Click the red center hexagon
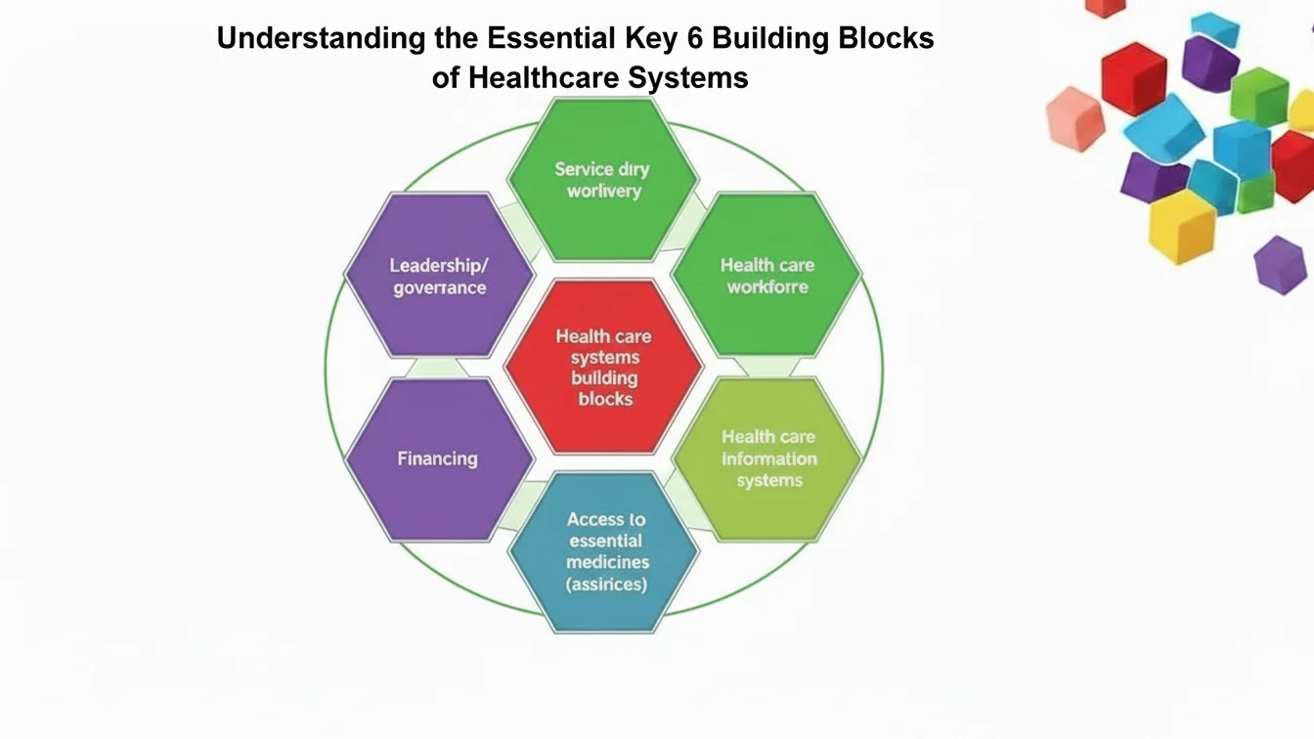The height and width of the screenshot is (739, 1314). click(603, 367)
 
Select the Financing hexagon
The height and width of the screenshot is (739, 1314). click(439, 458)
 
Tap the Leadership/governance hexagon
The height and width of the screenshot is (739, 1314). click(439, 276)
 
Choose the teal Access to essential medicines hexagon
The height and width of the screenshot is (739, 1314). click(604, 552)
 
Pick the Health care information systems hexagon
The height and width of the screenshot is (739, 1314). click(768, 458)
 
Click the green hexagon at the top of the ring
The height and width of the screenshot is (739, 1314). click(603, 180)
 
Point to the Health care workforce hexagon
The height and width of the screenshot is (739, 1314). click(767, 276)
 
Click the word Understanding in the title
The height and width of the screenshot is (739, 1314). click(322, 39)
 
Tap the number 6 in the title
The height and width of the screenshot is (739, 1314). click(723, 39)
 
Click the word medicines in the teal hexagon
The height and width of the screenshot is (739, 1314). click(607, 563)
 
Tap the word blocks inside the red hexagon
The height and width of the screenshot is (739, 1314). click(605, 399)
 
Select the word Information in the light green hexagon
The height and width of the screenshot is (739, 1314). click(769, 458)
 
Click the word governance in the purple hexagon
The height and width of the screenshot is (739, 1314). click(440, 287)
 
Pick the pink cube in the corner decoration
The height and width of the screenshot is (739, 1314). click(1073, 117)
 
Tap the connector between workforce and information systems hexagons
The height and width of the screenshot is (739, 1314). click(767, 368)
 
